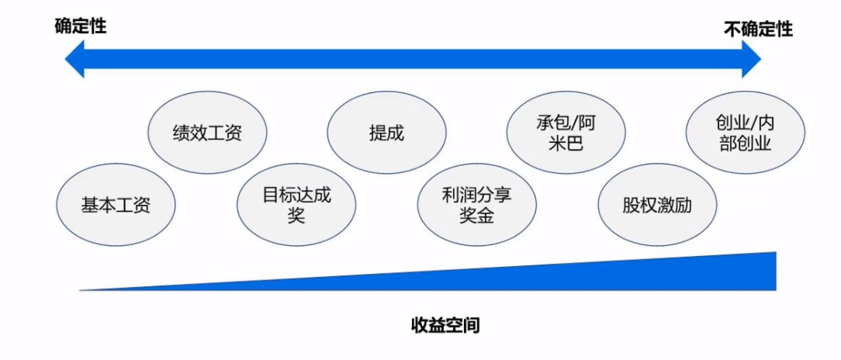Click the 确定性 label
click(x=81, y=26)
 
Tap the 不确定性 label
click(x=758, y=29)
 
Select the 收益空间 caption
click(x=445, y=324)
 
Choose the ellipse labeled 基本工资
click(x=116, y=204)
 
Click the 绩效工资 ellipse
click(x=207, y=133)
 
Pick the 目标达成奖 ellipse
click(x=296, y=204)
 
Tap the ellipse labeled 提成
click(x=386, y=133)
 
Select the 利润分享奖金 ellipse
click(x=477, y=204)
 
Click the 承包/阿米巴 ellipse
click(x=566, y=133)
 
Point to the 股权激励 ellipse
click(x=657, y=204)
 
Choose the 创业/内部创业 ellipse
click(x=746, y=133)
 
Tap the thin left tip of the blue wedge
click(x=81, y=290)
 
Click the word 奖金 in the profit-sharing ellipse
click(x=477, y=216)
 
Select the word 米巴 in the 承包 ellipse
click(x=566, y=144)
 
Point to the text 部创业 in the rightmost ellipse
click(x=746, y=144)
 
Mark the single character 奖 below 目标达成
click(x=296, y=216)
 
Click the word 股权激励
click(x=657, y=205)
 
